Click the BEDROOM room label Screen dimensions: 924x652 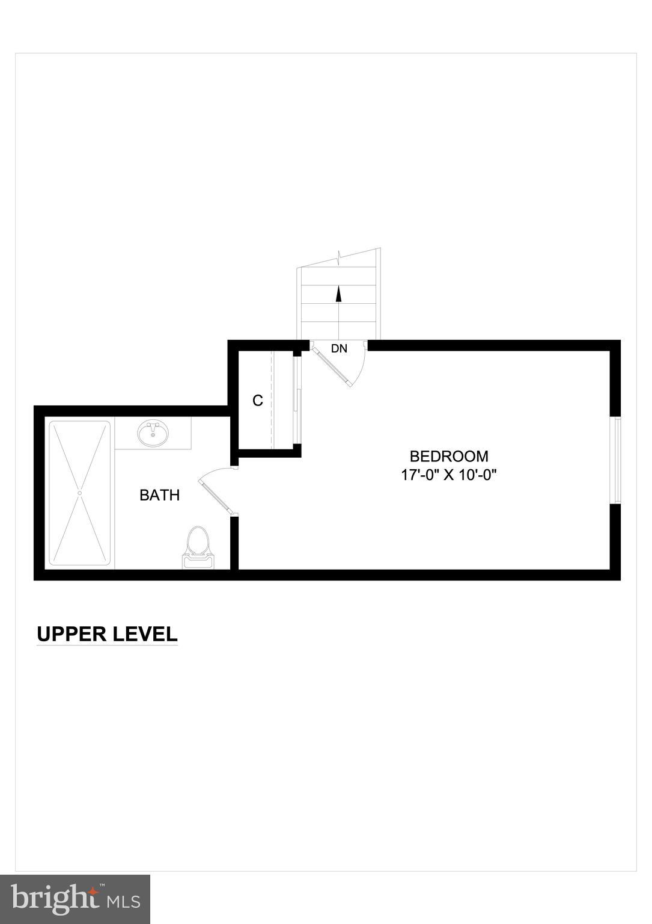(449, 456)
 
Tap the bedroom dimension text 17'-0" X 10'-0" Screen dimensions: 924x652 (449, 475)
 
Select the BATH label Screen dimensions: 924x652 (159, 495)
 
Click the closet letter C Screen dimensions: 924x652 (258, 401)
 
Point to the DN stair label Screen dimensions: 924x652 (339, 348)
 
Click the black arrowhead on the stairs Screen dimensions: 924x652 (338, 294)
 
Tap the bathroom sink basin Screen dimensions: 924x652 (153, 434)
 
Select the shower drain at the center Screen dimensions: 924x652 (79, 493)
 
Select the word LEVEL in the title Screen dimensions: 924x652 (148, 634)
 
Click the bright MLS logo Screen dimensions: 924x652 (75, 899)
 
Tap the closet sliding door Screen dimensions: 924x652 (296, 401)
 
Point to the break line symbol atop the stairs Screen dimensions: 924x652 (341, 258)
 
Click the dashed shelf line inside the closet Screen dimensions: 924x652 (272, 401)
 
